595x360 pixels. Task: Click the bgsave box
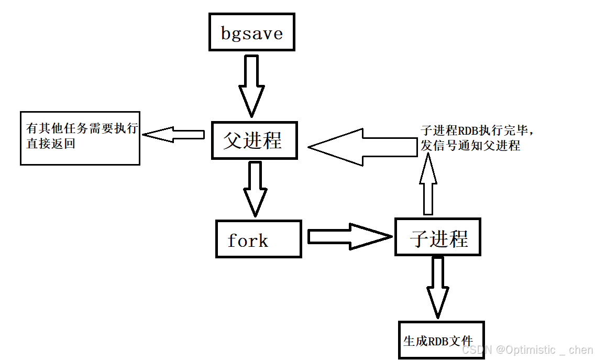tap(251, 32)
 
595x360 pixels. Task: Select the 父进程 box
tap(254, 140)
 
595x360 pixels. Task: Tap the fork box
tap(258, 239)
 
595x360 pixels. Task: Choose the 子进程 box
tap(437, 237)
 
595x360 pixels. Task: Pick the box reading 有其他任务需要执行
tap(80, 138)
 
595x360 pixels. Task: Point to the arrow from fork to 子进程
tap(348, 237)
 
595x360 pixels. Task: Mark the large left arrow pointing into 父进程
tap(361, 147)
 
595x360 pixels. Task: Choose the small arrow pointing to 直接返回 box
tap(173, 135)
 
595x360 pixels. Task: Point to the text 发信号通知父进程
tap(470, 146)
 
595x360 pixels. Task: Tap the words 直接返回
tap(51, 144)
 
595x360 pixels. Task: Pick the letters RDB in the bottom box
tap(438, 341)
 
